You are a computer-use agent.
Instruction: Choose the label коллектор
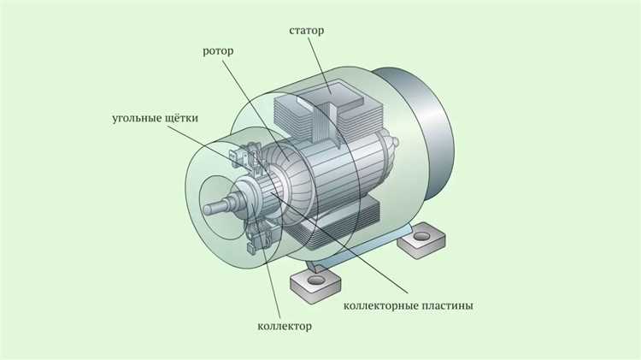pyautogui.click(x=285, y=326)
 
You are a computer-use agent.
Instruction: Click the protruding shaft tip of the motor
pyautogui.click(x=209, y=205)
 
